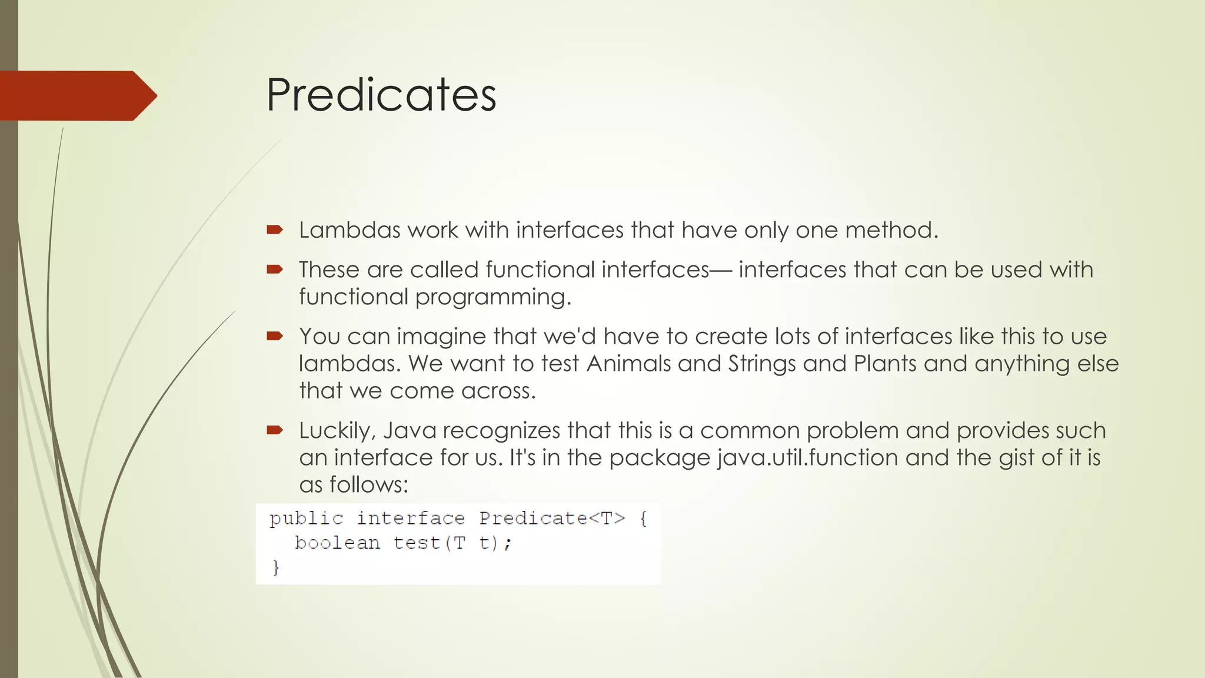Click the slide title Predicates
pos(381,95)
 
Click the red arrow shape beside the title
pos(76,95)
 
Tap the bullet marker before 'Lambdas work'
pos(274,230)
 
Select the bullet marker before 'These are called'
pos(274,270)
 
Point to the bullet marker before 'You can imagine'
pos(274,336)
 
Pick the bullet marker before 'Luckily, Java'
pos(274,430)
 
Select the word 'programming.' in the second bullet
pos(493,297)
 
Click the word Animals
pos(628,364)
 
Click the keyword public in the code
pos(306,519)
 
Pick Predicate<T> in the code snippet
pos(552,519)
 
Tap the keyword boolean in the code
pos(337,543)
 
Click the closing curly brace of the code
pos(275,567)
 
